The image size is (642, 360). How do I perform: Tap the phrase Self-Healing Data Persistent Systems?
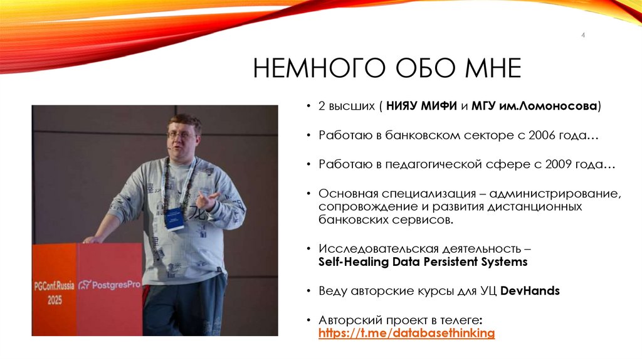click(x=423, y=262)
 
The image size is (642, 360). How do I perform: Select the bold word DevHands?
click(x=534, y=291)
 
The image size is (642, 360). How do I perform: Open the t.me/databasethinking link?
click(x=407, y=333)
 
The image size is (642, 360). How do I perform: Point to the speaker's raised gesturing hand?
click(x=207, y=201)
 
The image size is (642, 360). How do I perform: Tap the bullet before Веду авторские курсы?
click(x=310, y=292)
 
